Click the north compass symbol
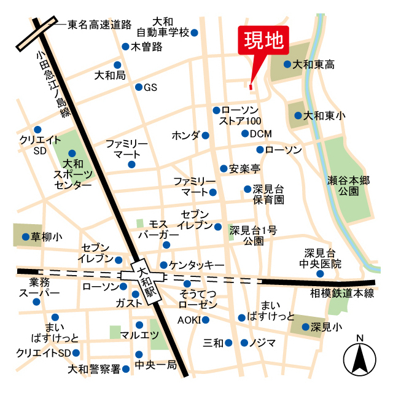coord(359,358)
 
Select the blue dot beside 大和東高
coord(287,64)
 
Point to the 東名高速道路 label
coord(99,25)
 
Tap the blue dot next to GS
coord(139,87)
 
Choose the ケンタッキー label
coord(196,265)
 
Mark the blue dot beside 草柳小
coord(25,236)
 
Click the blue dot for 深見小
coord(305,327)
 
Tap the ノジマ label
coord(263,343)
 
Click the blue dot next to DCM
coord(244,134)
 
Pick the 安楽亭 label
coord(245,168)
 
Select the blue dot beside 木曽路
coord(125,46)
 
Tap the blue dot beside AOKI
coord(205,319)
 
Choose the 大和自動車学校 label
coord(163,27)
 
